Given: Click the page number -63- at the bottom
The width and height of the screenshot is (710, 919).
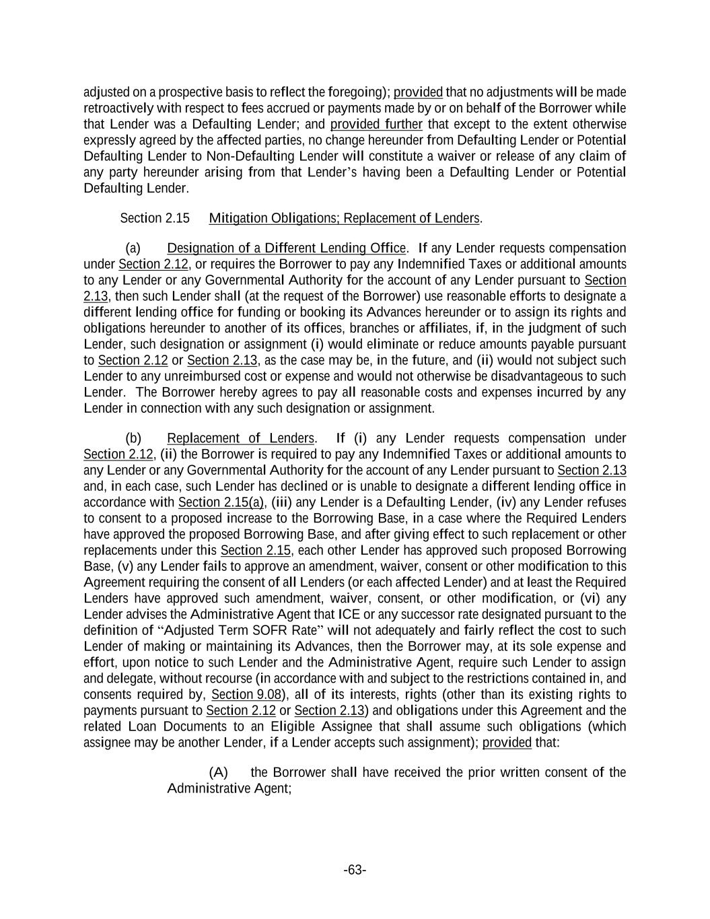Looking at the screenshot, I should [355, 870].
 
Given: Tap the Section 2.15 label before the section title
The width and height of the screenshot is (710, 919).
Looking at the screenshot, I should [154, 218].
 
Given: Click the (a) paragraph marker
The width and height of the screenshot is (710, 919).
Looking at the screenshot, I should [133, 248].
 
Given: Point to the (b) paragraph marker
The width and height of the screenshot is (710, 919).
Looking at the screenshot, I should [133, 438].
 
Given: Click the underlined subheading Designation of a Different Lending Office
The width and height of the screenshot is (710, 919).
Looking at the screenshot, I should [286, 248].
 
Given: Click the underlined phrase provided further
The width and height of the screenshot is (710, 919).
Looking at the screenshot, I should [376, 125].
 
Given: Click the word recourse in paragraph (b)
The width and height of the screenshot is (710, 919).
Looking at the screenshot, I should [228, 679].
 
